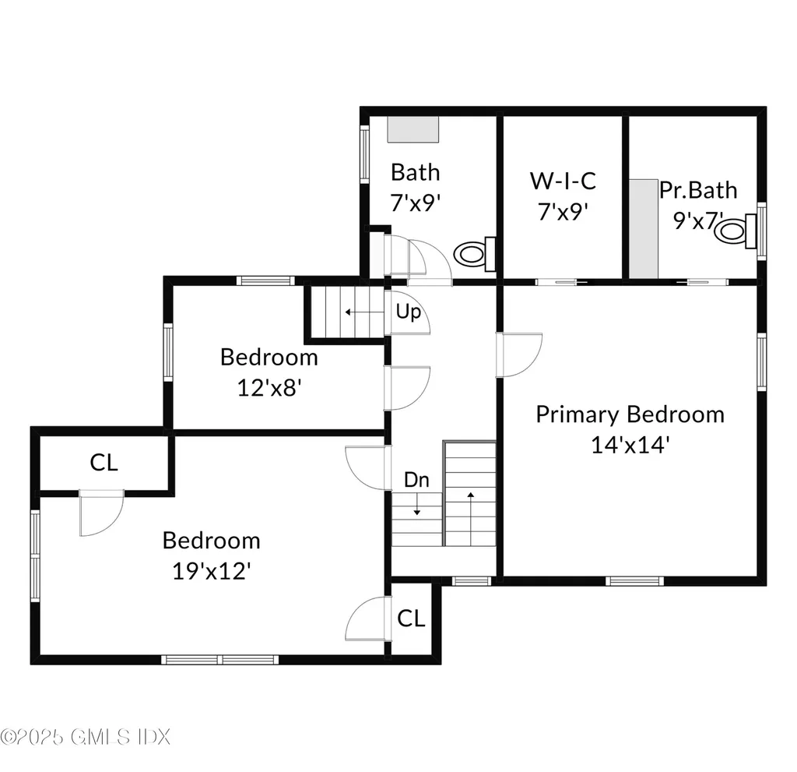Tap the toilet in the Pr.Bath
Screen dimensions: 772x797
tap(736, 230)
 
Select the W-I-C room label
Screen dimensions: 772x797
tap(563, 181)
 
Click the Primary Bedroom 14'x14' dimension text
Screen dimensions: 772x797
tap(630, 445)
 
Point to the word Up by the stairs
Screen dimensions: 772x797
tap(409, 312)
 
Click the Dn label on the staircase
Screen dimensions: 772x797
tap(416, 481)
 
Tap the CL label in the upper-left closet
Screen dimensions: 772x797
tap(104, 463)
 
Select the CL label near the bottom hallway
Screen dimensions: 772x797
tap(411, 619)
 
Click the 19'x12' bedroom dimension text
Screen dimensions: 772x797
tap(211, 571)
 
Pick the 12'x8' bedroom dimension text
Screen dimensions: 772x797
tap(269, 387)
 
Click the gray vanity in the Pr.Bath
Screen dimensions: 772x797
tap(644, 227)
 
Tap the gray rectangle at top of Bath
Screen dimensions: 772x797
tap(413, 129)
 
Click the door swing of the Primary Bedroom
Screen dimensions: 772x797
tap(520, 354)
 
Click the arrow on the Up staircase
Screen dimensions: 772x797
tap(359, 312)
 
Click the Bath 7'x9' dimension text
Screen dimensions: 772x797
tap(416, 203)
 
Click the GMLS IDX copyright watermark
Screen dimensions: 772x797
tap(85, 735)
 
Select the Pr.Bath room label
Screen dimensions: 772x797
tap(698, 190)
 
